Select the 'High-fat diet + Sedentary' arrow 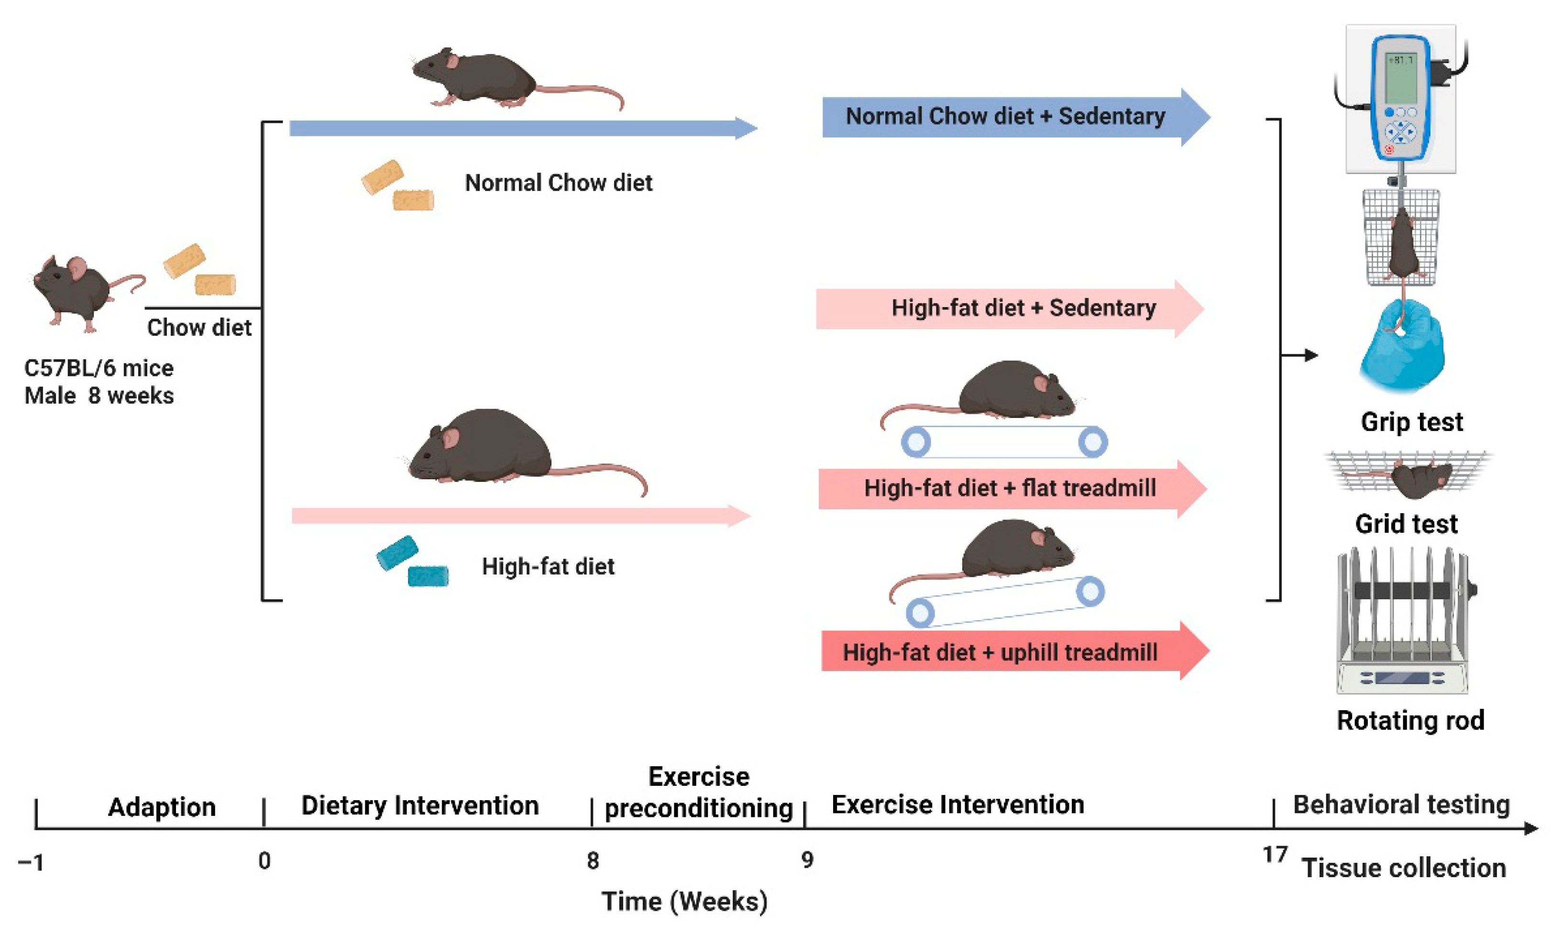coord(1010,308)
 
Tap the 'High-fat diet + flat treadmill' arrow coord(1010,488)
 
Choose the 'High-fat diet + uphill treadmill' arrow coord(1010,652)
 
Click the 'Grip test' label coord(1411,422)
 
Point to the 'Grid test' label coord(1407,524)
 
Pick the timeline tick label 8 coord(593,861)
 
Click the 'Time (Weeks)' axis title coord(684,901)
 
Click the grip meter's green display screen coord(1400,78)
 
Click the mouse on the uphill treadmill coord(1012,551)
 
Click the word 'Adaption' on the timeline coord(162,807)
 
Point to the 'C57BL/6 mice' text coord(99,368)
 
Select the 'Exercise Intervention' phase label coord(958,804)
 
